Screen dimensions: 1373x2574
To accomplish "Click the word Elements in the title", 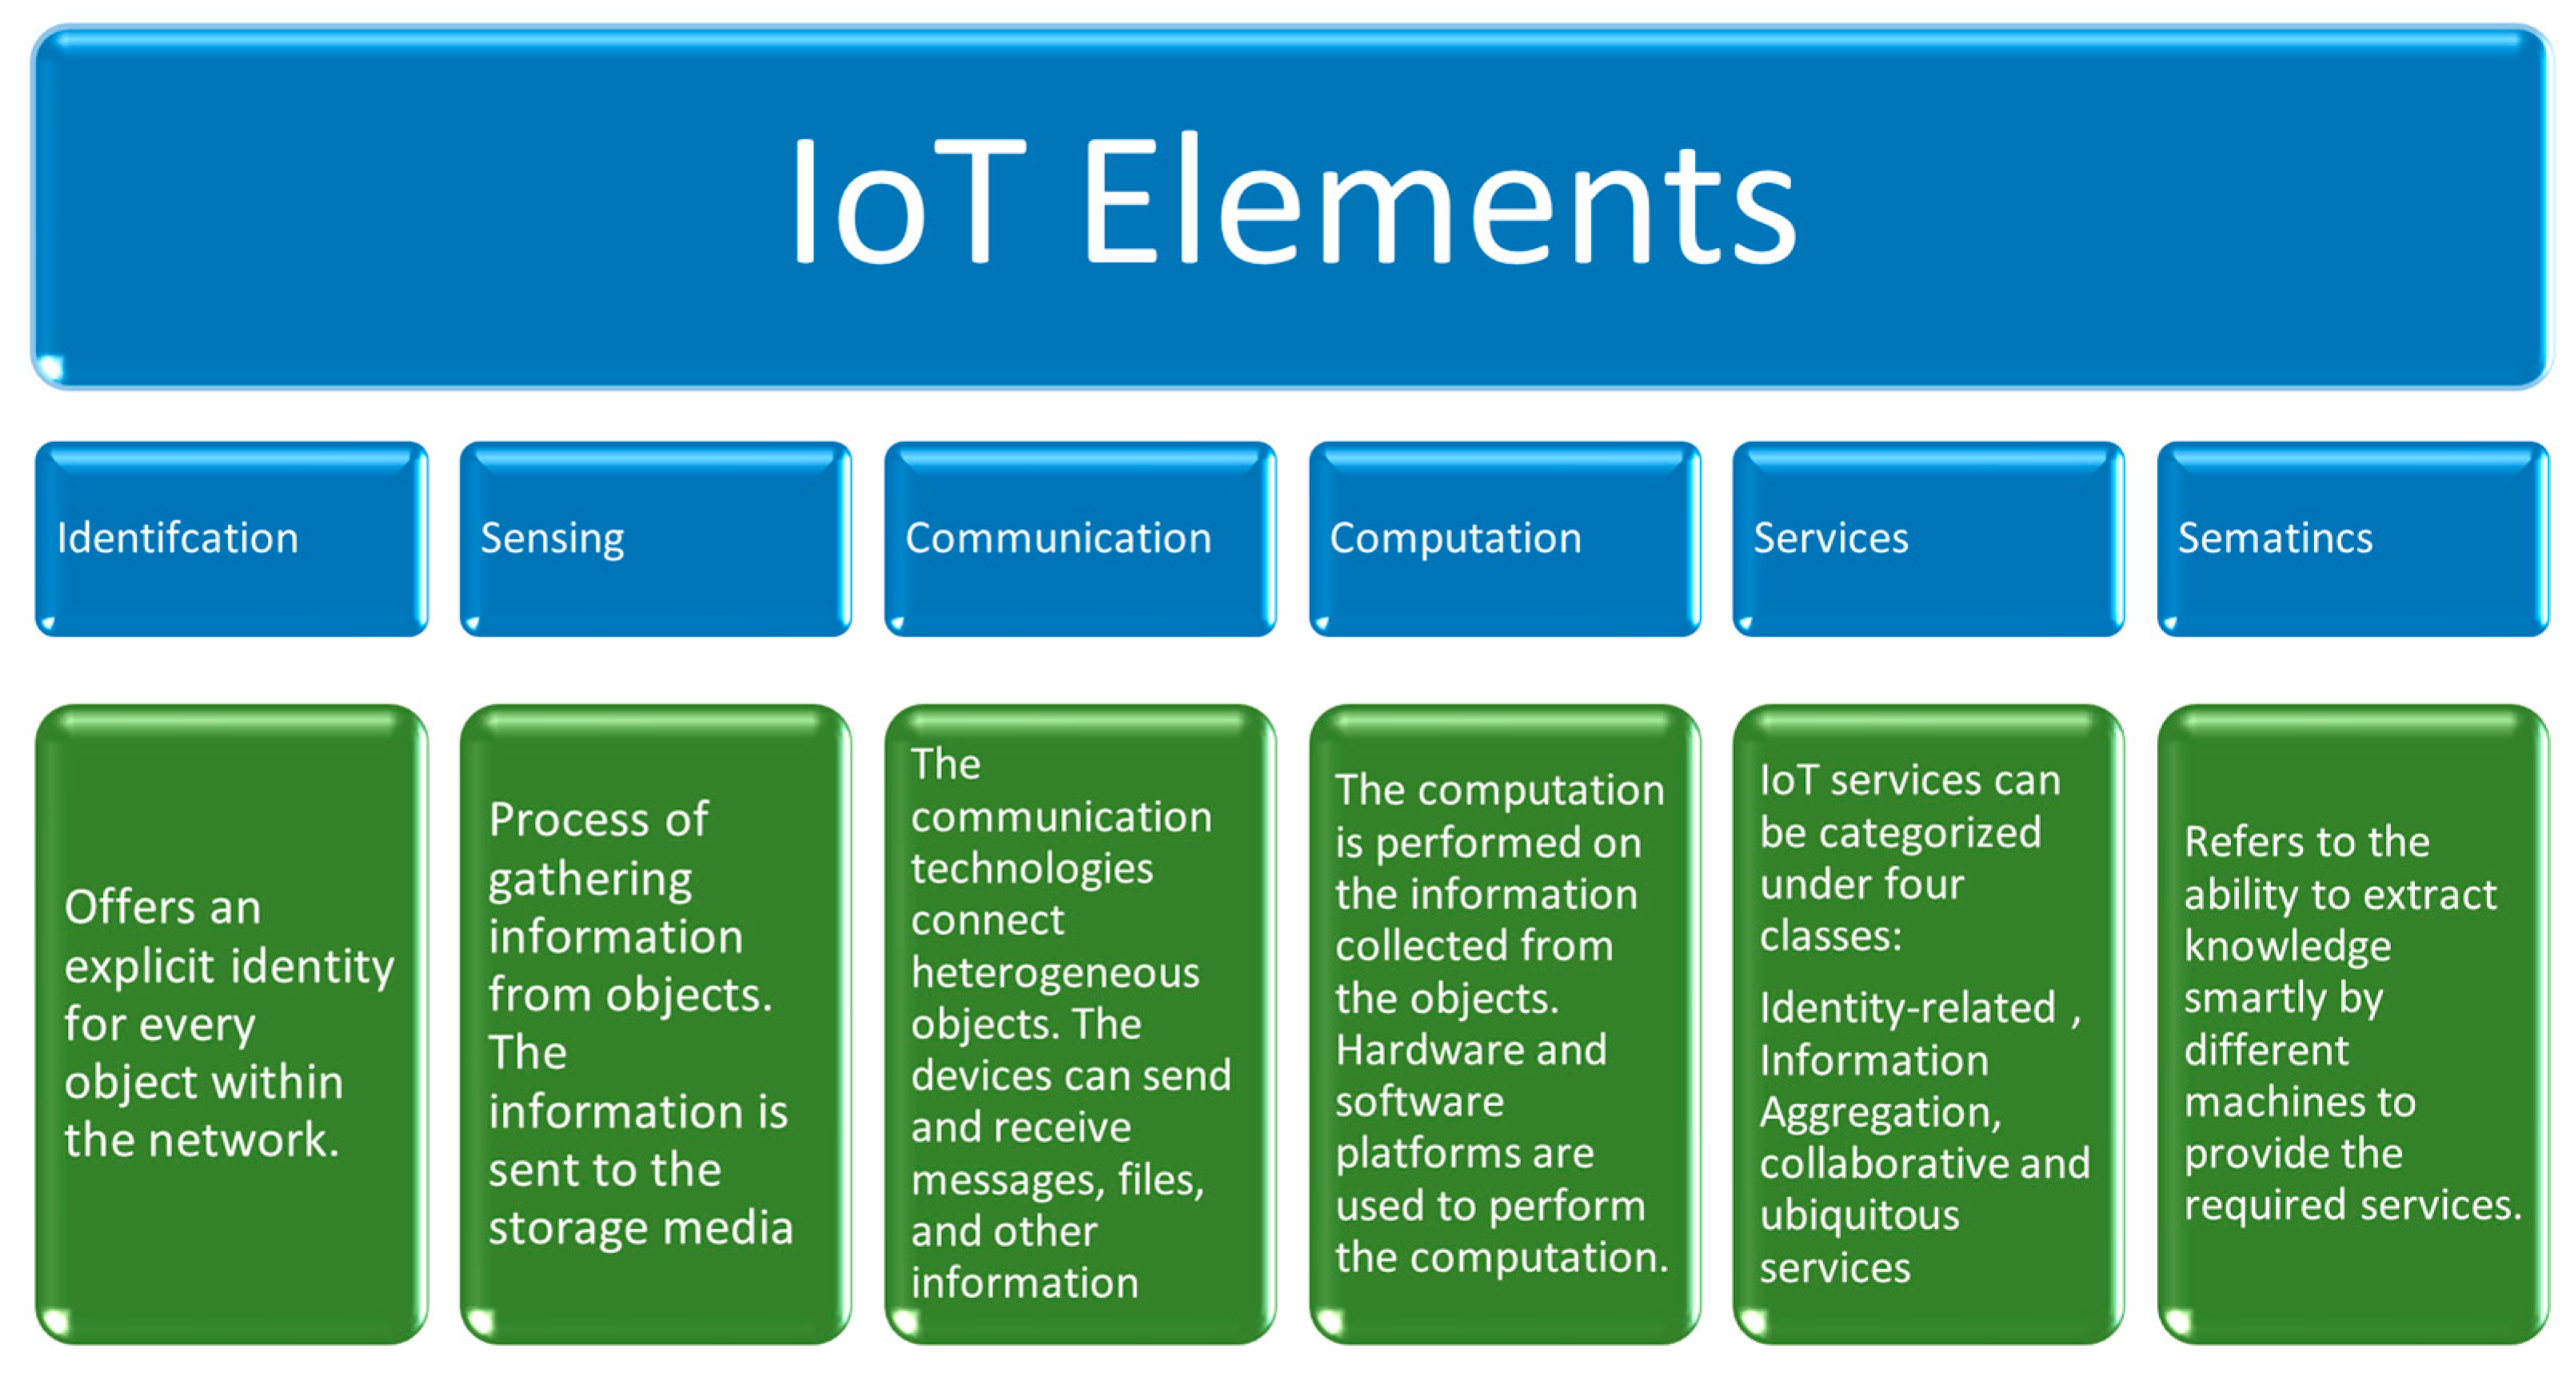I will tap(1439, 205).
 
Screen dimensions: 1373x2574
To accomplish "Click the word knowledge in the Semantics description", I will tap(2287, 946).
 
